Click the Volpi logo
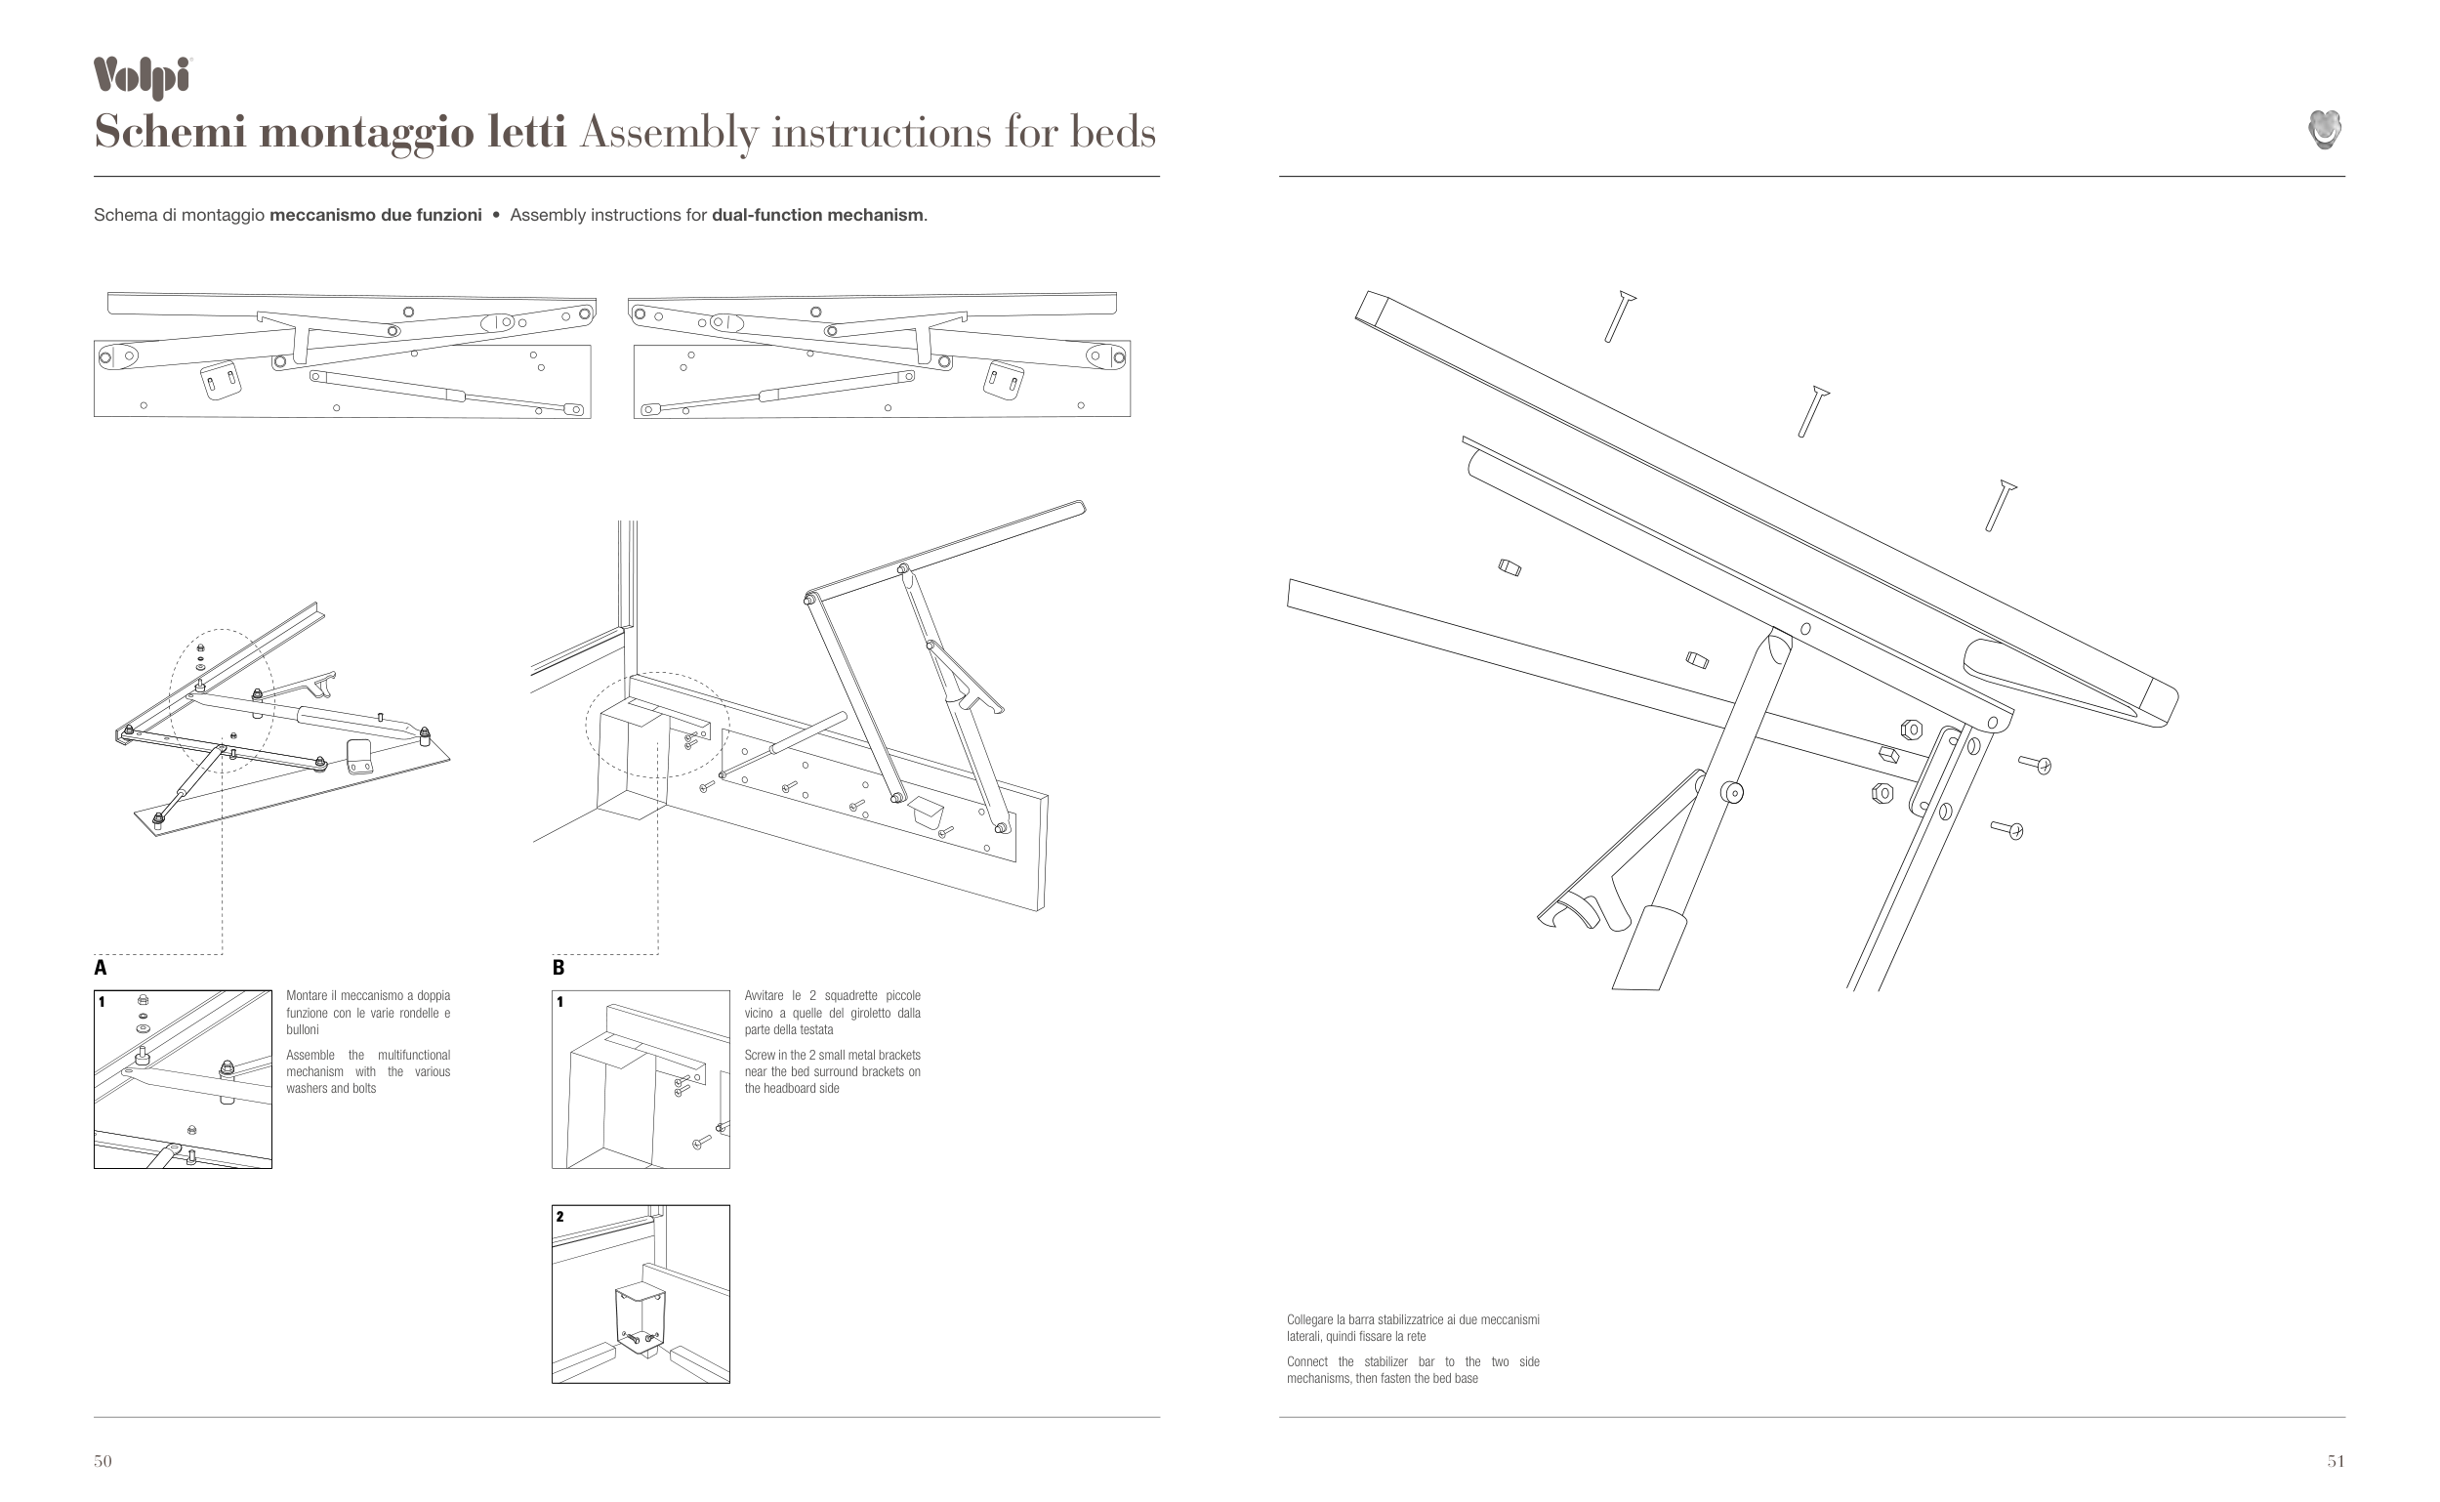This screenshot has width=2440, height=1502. pyautogui.click(x=142, y=76)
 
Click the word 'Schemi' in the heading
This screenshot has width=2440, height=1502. pyautogui.click(x=170, y=132)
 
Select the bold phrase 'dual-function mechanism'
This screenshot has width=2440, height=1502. pyautogui.click(x=817, y=216)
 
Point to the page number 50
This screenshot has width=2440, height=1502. pyautogui.click(x=103, y=1460)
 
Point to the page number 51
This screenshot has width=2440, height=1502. pyautogui.click(x=2336, y=1460)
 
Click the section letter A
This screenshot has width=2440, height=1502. pyautogui.click(x=101, y=968)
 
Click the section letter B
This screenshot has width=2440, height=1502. pyautogui.click(x=558, y=968)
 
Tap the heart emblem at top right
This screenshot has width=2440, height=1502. pyautogui.click(x=2325, y=130)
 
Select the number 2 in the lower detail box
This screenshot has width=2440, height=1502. pyautogui.click(x=560, y=1217)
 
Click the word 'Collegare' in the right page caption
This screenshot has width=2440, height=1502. pyautogui.click(x=1310, y=1320)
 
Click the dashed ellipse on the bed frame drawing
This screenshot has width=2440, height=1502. pyautogui.click(x=656, y=726)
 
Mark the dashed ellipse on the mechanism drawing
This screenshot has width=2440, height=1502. pyautogui.click(x=221, y=695)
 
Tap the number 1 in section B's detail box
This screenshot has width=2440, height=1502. pyautogui.click(x=560, y=1002)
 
